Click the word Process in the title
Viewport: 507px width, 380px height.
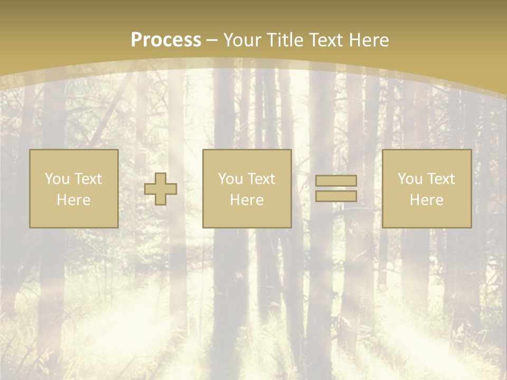(166, 40)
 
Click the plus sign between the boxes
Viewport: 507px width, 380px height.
(161, 188)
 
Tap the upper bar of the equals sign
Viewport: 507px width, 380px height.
(336, 180)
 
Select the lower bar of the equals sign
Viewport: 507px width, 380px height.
(336, 196)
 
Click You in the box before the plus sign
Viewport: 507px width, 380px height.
(57, 179)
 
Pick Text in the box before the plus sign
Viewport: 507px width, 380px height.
(88, 179)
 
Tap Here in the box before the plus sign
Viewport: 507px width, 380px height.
(73, 200)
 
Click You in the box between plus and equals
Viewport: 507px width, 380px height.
(230, 179)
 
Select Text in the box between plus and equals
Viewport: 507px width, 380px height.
(261, 179)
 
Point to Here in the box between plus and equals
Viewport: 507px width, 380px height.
(247, 200)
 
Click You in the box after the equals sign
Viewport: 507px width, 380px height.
(410, 179)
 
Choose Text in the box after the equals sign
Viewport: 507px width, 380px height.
(440, 179)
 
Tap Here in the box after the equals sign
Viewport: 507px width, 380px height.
(426, 200)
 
